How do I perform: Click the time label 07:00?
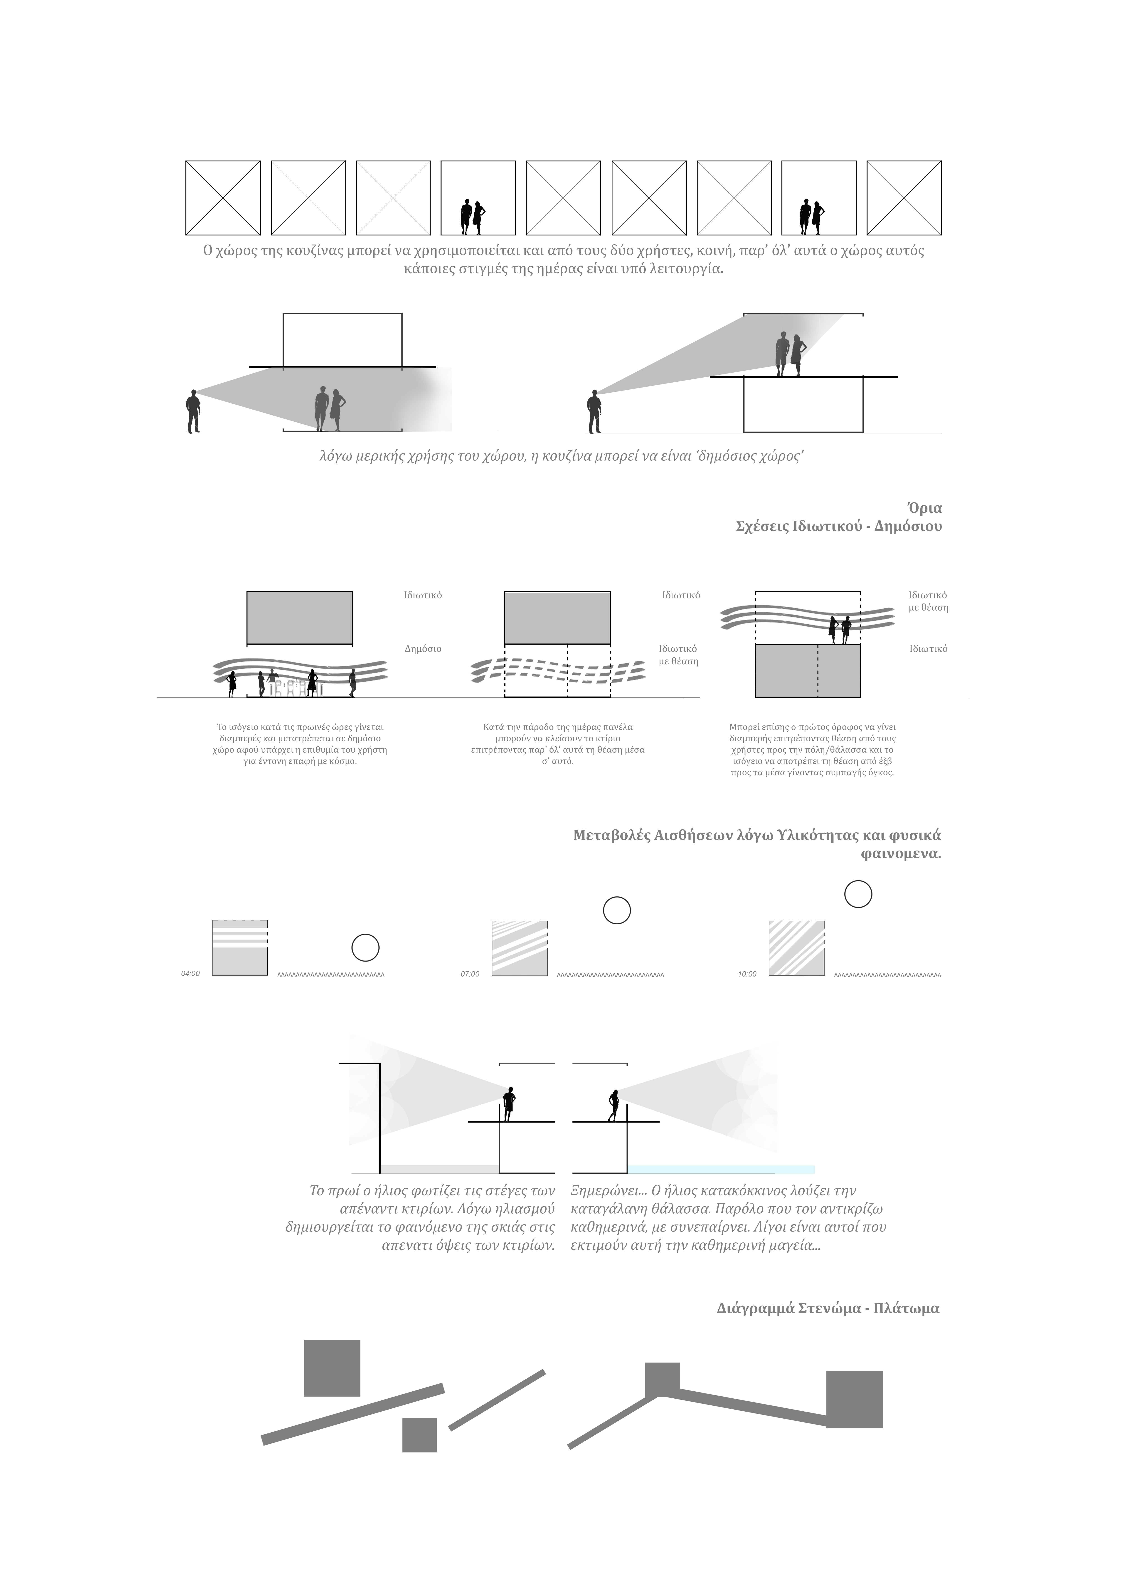click(x=470, y=973)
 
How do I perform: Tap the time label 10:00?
click(x=747, y=973)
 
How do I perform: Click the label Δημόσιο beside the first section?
click(x=423, y=649)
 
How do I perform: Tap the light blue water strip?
click(x=722, y=1169)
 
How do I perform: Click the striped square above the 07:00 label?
click(x=519, y=948)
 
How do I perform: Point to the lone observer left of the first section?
click(x=193, y=411)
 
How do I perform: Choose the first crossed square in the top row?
click(x=223, y=198)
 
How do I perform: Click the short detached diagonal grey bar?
click(x=497, y=1400)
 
